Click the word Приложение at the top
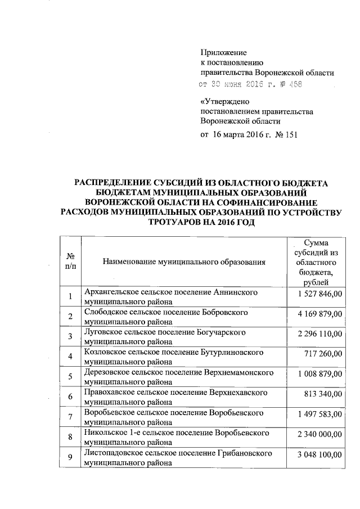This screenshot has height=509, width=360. click(x=223, y=53)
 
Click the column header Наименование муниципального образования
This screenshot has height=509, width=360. click(x=183, y=262)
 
